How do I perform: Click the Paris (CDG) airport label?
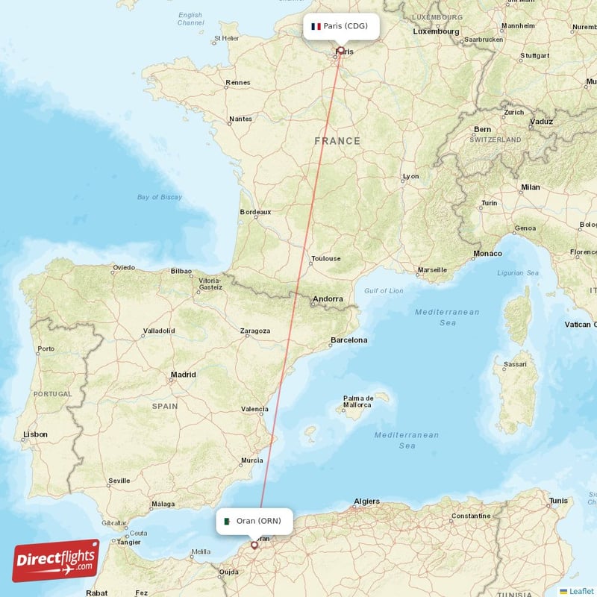pos(346,26)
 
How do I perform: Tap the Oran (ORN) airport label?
pos(258,520)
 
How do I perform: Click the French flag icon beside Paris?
pos(316,26)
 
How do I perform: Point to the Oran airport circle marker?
pos(254,545)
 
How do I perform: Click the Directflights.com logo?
pos(56,560)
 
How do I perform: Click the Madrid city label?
pos(183,375)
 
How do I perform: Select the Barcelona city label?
pos(349,340)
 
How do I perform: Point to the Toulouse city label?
pos(326,259)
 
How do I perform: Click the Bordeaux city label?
pos(255,212)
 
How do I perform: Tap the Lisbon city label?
pos(35,434)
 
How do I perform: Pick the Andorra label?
pos(328,299)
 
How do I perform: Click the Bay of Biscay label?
pos(159,197)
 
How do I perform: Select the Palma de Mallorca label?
pos(357,401)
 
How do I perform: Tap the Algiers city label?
pos(366,501)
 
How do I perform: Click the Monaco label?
pos(488,254)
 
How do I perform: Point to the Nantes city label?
pos(240,119)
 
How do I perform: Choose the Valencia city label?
pos(254,409)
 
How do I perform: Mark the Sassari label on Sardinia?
pos(516,365)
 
